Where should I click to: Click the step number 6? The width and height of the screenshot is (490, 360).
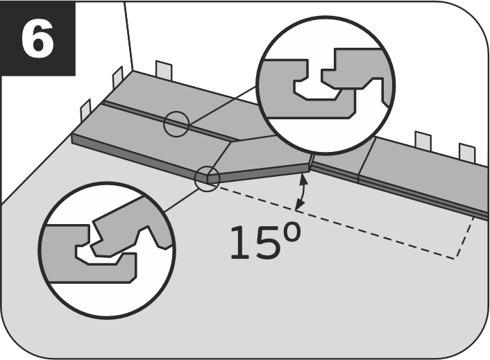(37, 38)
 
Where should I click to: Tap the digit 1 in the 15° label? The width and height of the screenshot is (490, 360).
(242, 243)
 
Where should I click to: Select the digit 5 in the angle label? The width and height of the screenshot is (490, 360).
(267, 243)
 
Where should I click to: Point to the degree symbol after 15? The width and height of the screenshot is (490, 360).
(291, 232)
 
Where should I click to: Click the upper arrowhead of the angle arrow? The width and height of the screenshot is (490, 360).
(303, 179)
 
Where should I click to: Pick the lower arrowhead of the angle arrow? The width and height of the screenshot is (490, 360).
(300, 205)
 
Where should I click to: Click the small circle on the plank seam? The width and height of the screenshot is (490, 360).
(176, 124)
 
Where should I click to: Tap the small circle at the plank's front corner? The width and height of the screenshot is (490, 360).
(208, 178)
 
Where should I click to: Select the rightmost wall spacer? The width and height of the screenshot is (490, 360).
(467, 153)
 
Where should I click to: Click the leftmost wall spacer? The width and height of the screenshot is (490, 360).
(85, 110)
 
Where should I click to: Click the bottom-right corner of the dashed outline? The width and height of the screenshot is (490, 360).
(455, 259)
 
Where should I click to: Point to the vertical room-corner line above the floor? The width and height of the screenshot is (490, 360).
(128, 36)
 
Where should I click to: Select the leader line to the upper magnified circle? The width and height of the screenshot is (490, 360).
(222, 105)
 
